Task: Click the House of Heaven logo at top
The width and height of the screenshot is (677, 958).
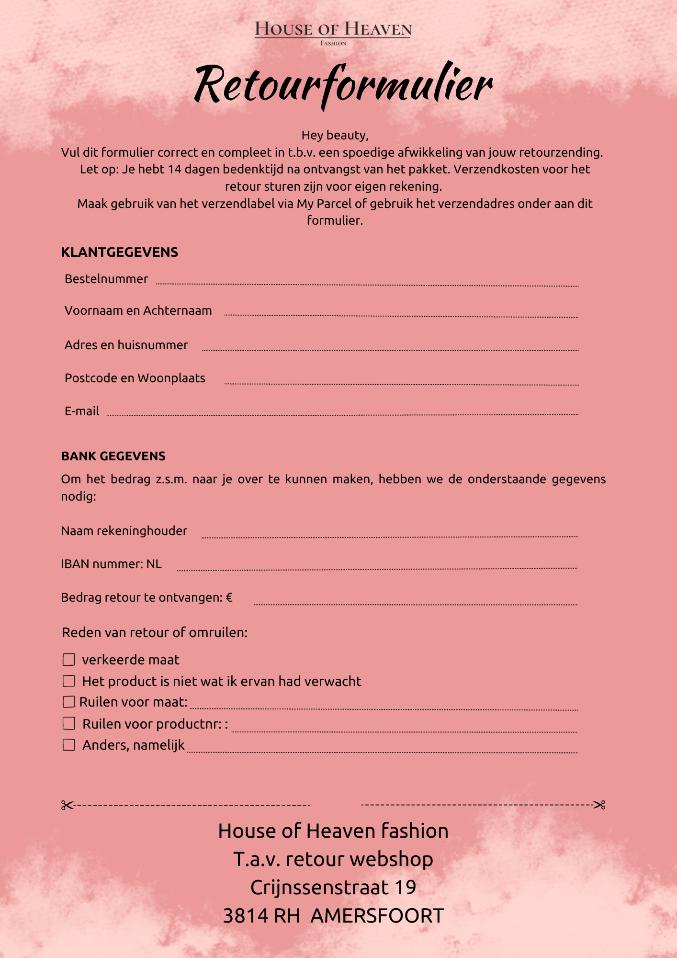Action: coord(333,32)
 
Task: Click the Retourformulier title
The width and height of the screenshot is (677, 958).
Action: coord(343,85)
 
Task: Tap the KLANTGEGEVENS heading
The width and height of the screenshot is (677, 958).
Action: coord(120,252)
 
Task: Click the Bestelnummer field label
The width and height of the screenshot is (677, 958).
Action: coord(106,279)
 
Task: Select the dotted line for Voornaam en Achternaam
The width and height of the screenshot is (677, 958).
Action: coord(401,316)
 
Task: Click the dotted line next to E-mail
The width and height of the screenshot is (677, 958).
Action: coord(342,415)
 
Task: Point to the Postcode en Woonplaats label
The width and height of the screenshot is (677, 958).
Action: coord(135,378)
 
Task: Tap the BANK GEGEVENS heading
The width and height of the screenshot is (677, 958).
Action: coord(113,456)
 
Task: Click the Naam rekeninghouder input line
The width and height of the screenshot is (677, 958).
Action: coord(390,537)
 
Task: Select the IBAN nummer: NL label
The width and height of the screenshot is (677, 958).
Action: coord(112,564)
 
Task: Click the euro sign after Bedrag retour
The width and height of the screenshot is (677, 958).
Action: coord(229,597)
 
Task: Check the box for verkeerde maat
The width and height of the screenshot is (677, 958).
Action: coord(69,660)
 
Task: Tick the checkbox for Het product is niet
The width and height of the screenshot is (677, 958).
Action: coord(69,681)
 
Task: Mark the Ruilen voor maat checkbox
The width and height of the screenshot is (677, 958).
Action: coord(69,702)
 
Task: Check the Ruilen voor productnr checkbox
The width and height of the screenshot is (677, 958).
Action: coord(69,723)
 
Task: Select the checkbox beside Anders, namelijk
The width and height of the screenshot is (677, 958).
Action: coord(69,745)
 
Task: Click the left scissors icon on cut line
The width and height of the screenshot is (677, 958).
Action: coord(67,805)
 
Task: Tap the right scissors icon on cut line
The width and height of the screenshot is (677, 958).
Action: coord(600,805)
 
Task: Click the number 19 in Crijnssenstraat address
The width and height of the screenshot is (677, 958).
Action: coord(405,888)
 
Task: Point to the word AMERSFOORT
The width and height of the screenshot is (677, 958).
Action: coord(377,916)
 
